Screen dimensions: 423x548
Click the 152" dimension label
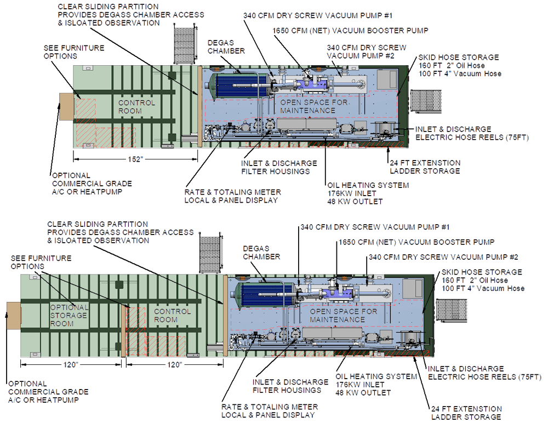tap(135, 159)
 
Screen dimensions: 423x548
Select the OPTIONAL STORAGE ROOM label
tap(69, 315)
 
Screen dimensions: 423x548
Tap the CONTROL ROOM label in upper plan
tap(137, 107)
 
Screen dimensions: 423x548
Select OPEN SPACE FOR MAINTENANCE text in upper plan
tap(307, 106)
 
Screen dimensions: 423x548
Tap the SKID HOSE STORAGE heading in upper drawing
tap(458, 57)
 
